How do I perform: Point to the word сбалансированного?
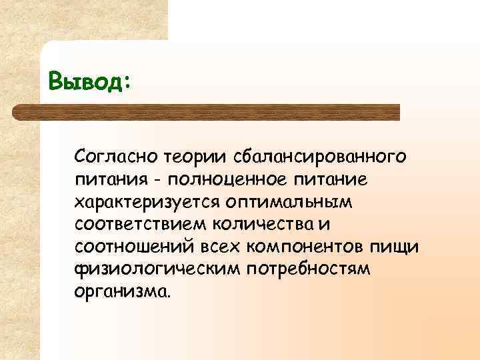(x=319, y=156)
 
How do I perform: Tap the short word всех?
(x=221, y=247)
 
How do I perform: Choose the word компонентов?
(x=312, y=247)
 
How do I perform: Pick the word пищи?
(x=400, y=247)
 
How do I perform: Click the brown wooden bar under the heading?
(x=220, y=111)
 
